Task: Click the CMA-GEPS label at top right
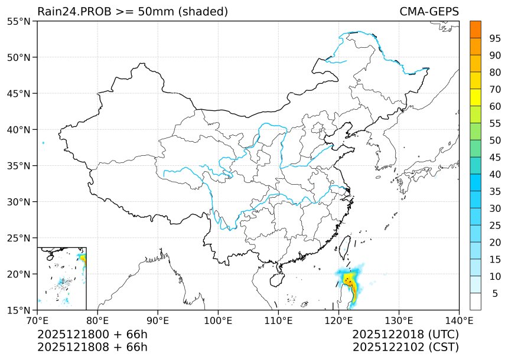click(429, 12)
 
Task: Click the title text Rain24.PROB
click(70, 12)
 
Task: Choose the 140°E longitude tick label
click(459, 321)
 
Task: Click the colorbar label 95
click(495, 38)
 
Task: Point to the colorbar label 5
click(495, 293)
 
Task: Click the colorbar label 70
click(495, 89)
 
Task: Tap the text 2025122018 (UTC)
click(405, 335)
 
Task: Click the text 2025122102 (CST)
click(405, 347)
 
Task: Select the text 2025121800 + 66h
click(92, 335)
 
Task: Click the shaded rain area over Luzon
click(349, 283)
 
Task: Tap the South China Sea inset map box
click(61, 278)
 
